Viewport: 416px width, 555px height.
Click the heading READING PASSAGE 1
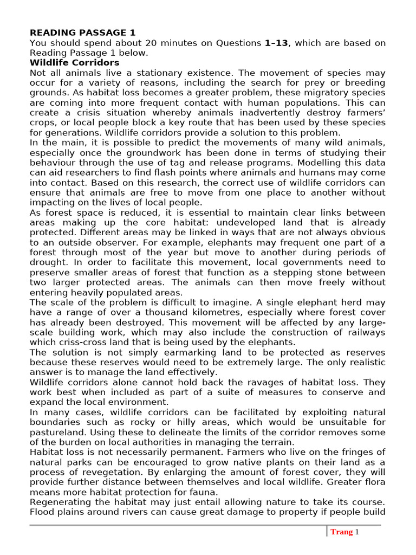pyautogui.click(x=82, y=33)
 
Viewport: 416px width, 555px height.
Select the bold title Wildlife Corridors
pyautogui.click(x=74, y=63)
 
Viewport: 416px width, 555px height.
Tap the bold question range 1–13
pyautogui.click(x=276, y=43)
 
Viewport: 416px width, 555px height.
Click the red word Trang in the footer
pyautogui.click(x=341, y=532)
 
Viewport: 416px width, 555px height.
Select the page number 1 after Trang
pyautogui.click(x=357, y=532)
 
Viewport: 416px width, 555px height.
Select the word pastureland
pyautogui.click(x=58, y=432)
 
